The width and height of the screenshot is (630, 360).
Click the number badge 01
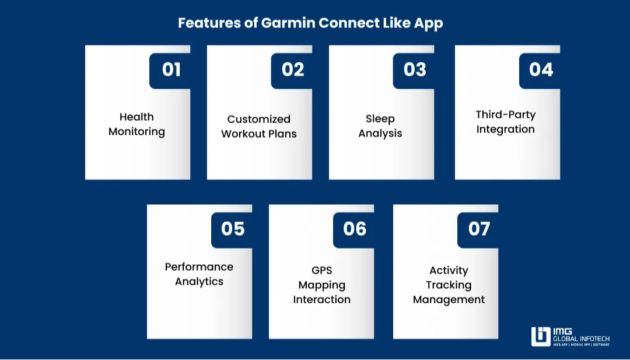pos(171,70)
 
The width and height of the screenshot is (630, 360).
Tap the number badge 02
pos(293,70)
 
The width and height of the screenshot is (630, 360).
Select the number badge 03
pos(415,70)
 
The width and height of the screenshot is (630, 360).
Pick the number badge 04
pos(541,70)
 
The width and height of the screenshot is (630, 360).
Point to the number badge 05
pos(233,229)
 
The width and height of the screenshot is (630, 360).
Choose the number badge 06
pos(355,229)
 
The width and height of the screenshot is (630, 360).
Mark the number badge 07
pos(479,229)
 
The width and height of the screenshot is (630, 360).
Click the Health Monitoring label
pos(137,124)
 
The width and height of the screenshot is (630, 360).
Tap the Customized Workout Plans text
pos(259,126)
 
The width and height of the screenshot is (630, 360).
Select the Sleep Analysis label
pos(380,126)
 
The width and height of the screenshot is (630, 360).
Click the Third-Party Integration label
pos(505,122)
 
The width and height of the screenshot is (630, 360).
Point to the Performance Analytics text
pos(199,274)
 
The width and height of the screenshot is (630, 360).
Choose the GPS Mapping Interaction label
pos(321,285)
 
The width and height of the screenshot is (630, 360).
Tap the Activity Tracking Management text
pos(449,285)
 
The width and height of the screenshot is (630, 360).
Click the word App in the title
pos(429,23)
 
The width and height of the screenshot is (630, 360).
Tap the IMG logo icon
pos(541,337)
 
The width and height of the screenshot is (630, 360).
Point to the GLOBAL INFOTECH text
pos(581,338)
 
